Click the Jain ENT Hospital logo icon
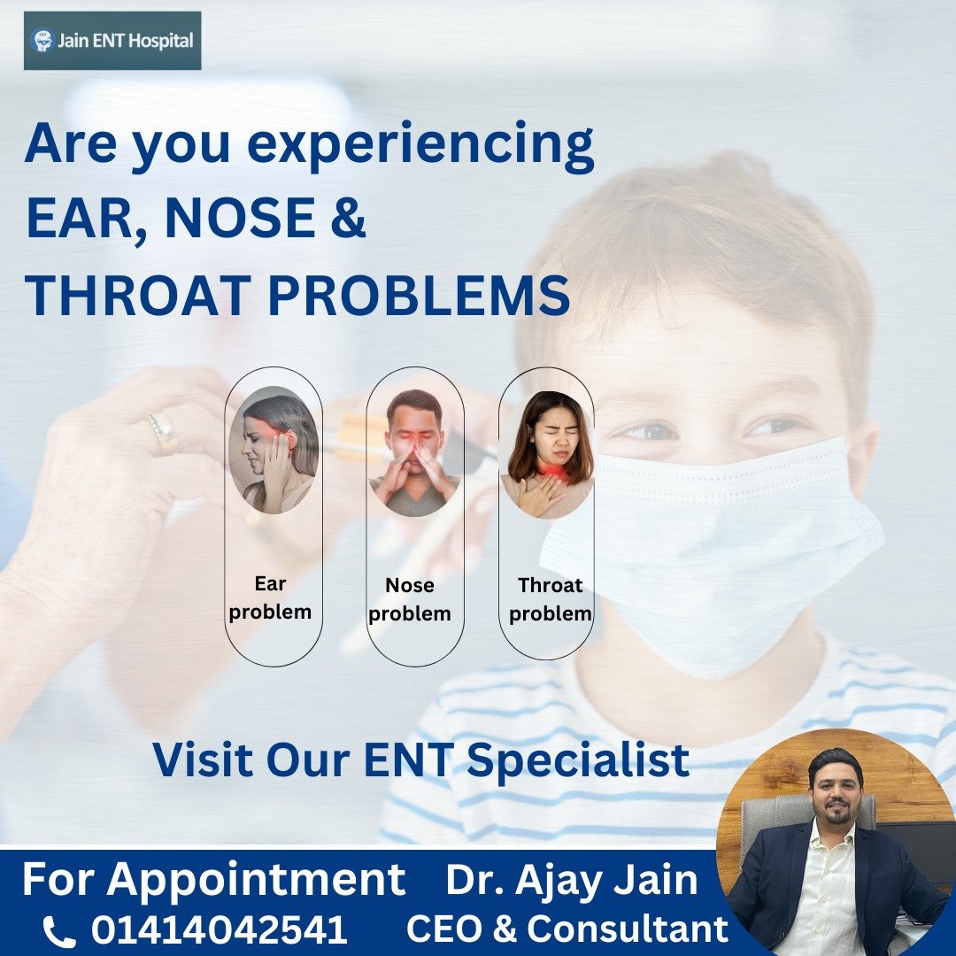click(42, 40)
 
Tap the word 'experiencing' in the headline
click(420, 146)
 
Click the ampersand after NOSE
click(349, 217)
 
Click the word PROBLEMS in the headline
click(419, 295)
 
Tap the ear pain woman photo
click(274, 450)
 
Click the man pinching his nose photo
click(415, 452)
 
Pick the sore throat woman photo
click(548, 454)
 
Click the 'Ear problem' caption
click(270, 598)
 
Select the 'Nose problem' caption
click(410, 600)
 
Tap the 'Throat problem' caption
click(551, 600)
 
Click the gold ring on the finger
click(163, 433)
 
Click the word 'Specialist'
click(579, 761)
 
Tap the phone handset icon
click(59, 932)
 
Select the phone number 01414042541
click(220, 930)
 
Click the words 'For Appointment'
click(213, 881)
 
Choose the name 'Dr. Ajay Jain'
click(572, 881)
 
